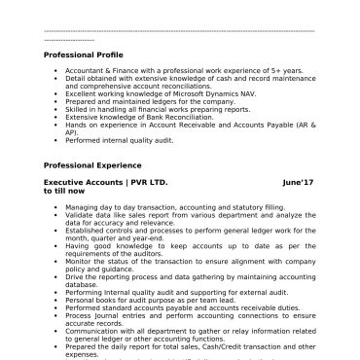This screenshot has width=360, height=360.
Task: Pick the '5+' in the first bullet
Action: pos(276,71)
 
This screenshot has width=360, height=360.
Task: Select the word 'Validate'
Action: pos(80,215)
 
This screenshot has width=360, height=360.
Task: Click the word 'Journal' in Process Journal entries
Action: pos(105,313)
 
